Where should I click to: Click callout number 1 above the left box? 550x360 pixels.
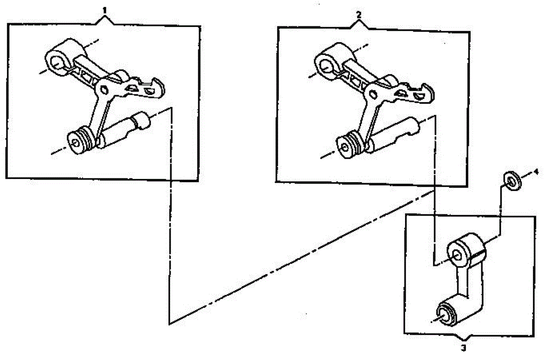click(x=105, y=10)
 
